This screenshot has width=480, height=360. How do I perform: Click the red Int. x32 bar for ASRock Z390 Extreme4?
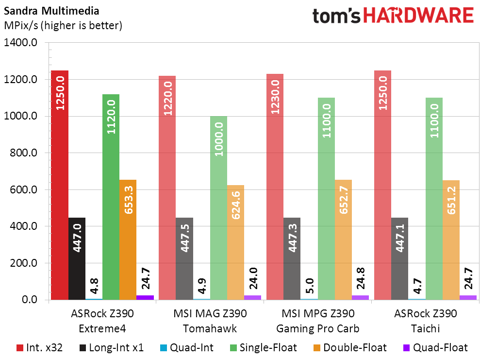(60, 185)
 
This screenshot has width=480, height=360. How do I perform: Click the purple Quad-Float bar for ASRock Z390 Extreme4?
(145, 297)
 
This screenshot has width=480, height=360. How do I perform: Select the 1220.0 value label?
(167, 96)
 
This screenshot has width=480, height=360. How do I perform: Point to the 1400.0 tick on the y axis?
(20, 43)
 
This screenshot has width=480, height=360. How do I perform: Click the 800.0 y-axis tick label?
(23, 153)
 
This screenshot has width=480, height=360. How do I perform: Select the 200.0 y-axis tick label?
(23, 263)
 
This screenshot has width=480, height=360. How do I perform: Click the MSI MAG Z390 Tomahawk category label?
(210, 321)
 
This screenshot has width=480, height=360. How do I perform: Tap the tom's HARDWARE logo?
(393, 16)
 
